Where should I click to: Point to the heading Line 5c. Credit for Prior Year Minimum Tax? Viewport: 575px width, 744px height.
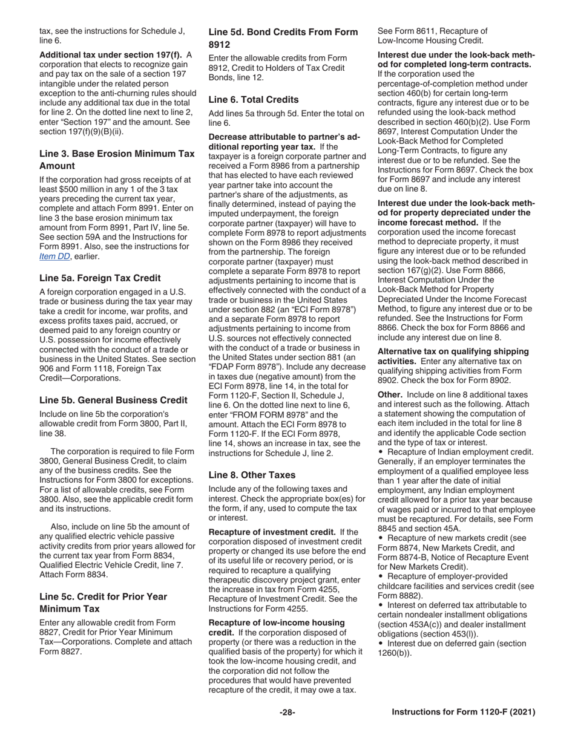point(103,602)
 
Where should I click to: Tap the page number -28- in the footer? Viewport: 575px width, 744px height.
point(287,713)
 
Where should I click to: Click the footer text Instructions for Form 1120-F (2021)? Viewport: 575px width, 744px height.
point(464,713)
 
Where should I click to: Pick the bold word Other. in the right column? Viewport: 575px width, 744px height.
point(390,394)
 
